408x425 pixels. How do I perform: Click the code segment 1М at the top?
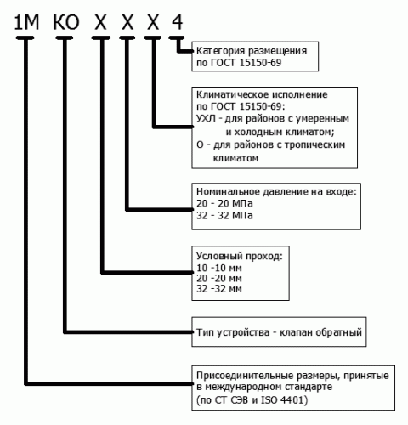pos(26,22)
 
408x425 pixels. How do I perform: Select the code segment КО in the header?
pos(66,22)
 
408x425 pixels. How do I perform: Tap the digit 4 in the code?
pos(177,22)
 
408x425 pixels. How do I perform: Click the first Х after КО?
pos(100,22)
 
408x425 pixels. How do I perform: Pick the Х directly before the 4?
pos(153,22)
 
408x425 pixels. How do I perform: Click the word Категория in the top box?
pos(220,51)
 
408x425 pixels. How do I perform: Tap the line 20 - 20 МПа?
pos(224,203)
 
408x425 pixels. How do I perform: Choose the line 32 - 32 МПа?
pos(224,216)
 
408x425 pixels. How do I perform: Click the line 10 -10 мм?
pos(219,268)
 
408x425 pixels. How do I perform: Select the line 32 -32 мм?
pos(219,289)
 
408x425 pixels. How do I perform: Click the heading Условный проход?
pos(240,256)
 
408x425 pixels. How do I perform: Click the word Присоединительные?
pos(245,376)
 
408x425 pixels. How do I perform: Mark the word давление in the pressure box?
pos(286,192)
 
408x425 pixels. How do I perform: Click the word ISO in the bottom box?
pos(269,399)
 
